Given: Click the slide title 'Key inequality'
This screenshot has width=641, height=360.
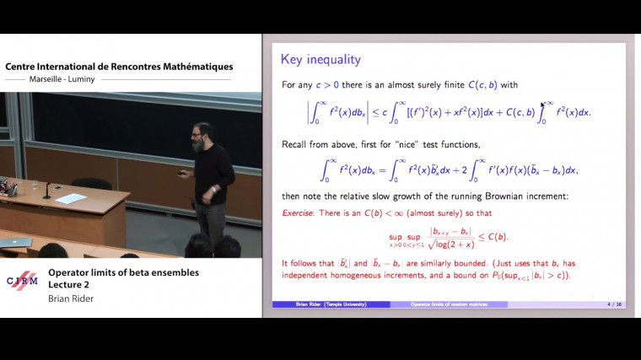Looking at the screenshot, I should tap(320, 60).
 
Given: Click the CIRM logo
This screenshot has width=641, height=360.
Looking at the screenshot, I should tap(22, 281).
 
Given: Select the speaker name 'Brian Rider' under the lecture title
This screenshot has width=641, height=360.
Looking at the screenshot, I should tap(71, 298).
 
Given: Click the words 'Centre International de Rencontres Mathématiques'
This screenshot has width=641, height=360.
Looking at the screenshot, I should tap(119, 67).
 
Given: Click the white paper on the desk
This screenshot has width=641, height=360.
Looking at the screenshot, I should tap(70, 198).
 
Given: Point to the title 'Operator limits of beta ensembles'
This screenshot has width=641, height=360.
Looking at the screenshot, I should tap(123, 271).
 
